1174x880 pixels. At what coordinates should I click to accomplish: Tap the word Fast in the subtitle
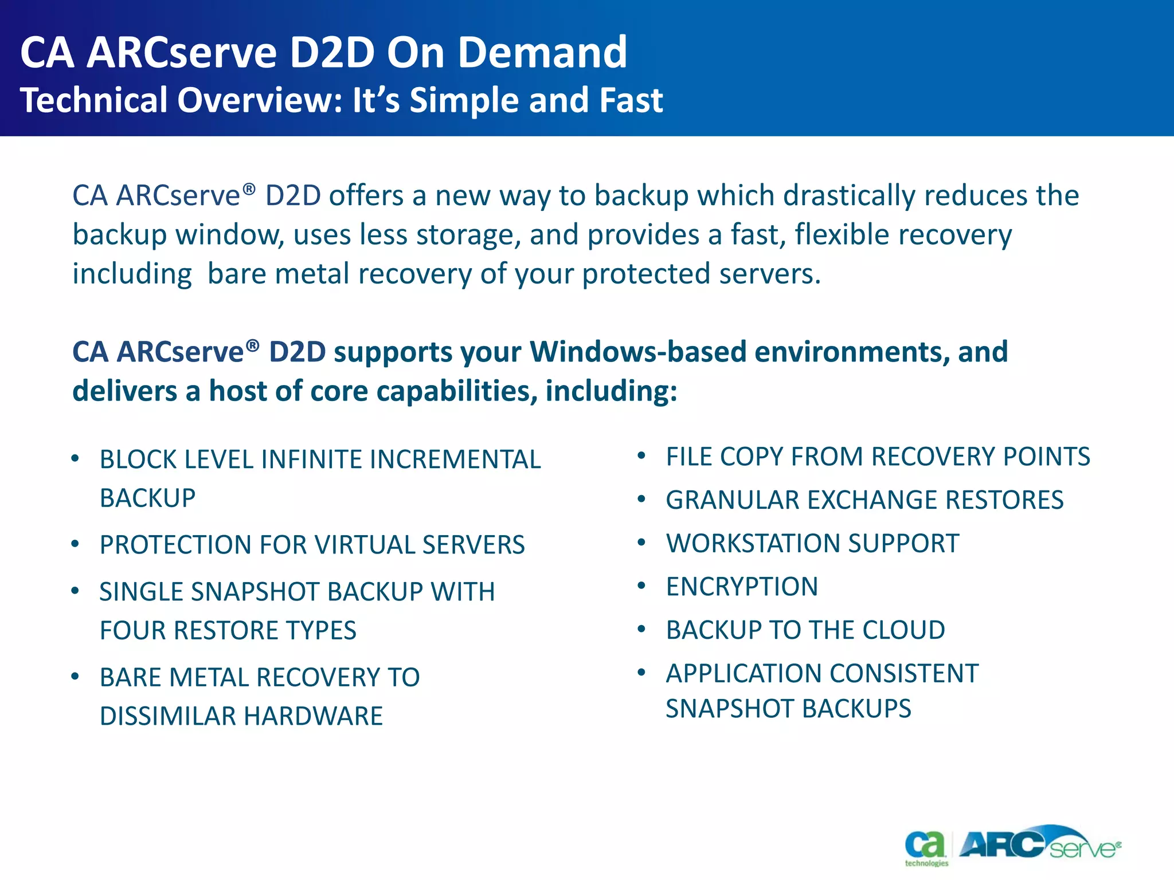coord(631,100)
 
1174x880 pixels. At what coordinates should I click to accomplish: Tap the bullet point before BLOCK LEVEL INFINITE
coord(75,458)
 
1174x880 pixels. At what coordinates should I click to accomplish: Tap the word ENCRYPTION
coord(742,587)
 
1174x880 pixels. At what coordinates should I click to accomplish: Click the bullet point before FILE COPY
coord(642,456)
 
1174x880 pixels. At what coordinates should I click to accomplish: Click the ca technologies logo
coord(926,848)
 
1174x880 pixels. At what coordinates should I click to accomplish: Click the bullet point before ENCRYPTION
coord(642,586)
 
